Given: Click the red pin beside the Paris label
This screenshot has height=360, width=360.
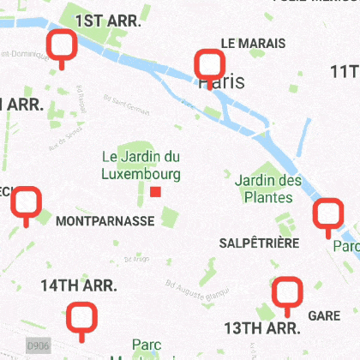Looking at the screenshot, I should coord(210,64).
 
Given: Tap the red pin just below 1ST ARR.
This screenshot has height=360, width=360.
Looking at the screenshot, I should coord(62,44).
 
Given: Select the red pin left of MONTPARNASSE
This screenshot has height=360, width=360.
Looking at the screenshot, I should coord(27,201).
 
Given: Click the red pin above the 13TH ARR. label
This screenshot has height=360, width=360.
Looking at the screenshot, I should coord(287,292).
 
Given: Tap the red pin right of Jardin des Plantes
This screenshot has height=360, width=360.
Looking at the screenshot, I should coord(327,214).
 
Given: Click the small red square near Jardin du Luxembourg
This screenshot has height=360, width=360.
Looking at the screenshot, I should coord(155,192).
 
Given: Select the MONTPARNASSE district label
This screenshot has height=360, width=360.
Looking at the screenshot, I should coord(105,221).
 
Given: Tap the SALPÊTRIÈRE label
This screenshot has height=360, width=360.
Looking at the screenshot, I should coord(259,243).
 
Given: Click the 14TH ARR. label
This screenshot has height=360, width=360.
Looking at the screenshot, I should coord(79,285).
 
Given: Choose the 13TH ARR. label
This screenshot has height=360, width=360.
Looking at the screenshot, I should coord(261,328).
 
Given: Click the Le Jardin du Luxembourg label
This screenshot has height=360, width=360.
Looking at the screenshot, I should coord(141,165).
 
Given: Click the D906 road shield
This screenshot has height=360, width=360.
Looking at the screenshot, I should coord(38,345).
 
